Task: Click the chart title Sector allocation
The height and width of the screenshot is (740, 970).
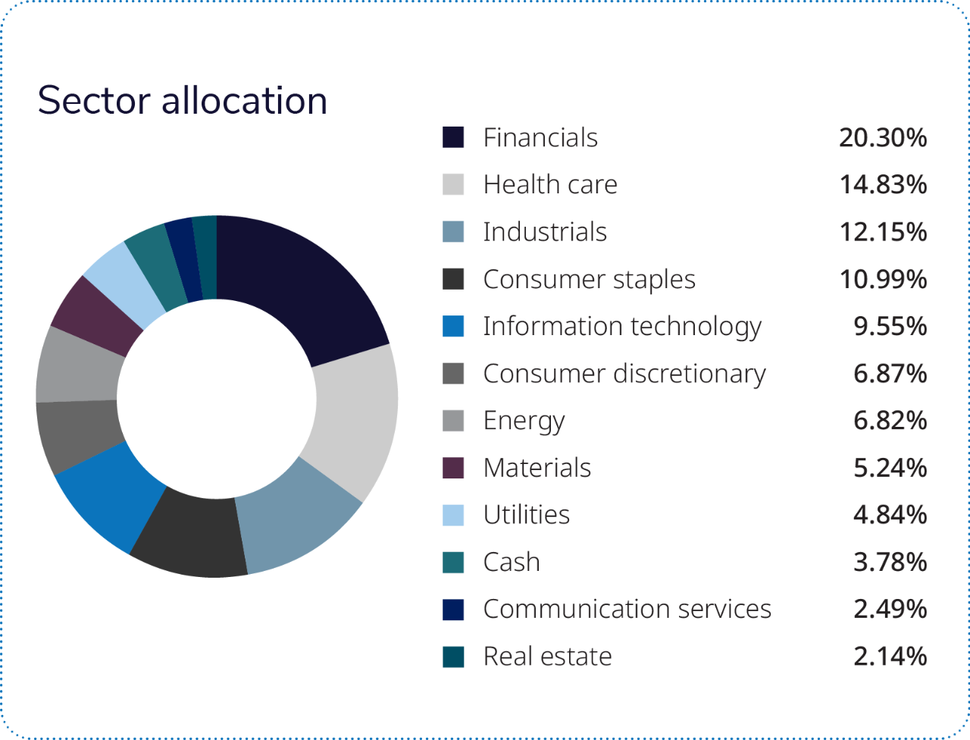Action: (x=183, y=101)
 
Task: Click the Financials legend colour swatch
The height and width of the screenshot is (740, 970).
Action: (x=453, y=138)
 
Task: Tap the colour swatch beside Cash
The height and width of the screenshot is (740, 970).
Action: (x=453, y=563)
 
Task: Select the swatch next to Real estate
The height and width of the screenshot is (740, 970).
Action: (x=453, y=657)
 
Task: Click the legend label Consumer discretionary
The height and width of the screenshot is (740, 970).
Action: (x=624, y=374)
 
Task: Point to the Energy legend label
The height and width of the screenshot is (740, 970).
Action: (x=524, y=421)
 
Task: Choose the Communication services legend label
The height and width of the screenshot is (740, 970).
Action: (x=627, y=610)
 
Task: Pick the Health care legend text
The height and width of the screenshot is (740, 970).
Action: (x=550, y=185)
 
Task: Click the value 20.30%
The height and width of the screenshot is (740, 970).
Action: (x=882, y=138)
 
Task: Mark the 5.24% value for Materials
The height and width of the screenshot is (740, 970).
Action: (x=890, y=468)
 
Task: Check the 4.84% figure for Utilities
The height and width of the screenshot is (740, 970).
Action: (x=890, y=515)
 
